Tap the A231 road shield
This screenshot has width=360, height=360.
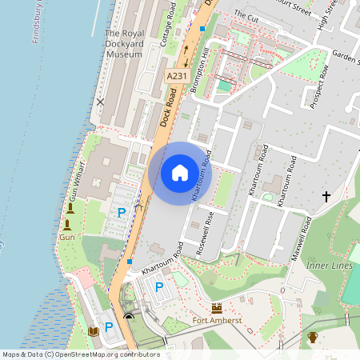(x=177, y=75)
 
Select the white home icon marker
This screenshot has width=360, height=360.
(x=180, y=172)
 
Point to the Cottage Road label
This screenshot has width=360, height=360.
(x=170, y=24)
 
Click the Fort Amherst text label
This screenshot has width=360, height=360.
(x=216, y=322)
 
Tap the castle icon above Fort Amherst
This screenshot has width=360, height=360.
(x=216, y=307)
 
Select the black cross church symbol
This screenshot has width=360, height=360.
(x=326, y=196)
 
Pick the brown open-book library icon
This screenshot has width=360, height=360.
(x=92, y=330)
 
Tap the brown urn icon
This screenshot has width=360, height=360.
(x=313, y=337)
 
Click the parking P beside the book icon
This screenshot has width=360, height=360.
(x=109, y=327)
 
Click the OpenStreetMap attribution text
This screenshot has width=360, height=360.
(x=80, y=354)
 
